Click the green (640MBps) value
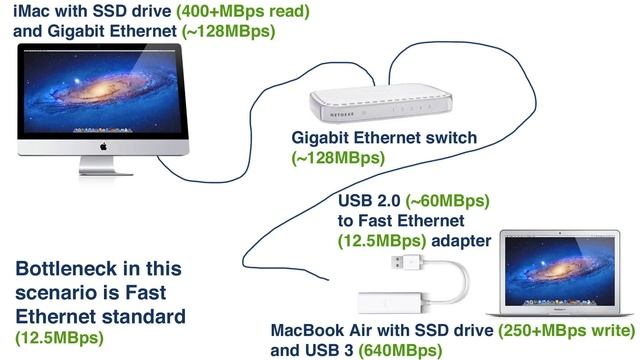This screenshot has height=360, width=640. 392,350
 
